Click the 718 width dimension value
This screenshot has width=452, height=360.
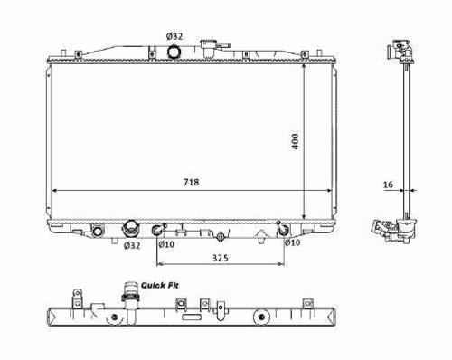[192, 182]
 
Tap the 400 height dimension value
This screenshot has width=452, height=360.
[295, 141]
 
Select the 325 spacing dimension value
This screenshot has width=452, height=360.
[221, 258]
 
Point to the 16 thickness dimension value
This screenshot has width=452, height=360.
[389, 185]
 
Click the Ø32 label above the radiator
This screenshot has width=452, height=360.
[174, 36]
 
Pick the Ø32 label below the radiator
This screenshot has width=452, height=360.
[132, 246]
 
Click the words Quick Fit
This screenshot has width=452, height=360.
[160, 285]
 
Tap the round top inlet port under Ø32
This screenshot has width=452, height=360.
[174, 52]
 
